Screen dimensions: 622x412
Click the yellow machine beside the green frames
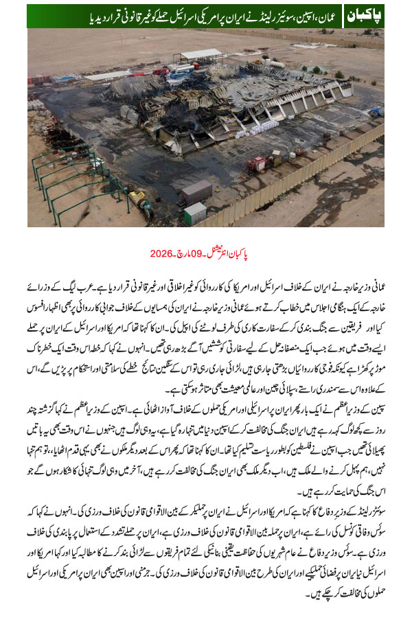coord(141,203)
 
